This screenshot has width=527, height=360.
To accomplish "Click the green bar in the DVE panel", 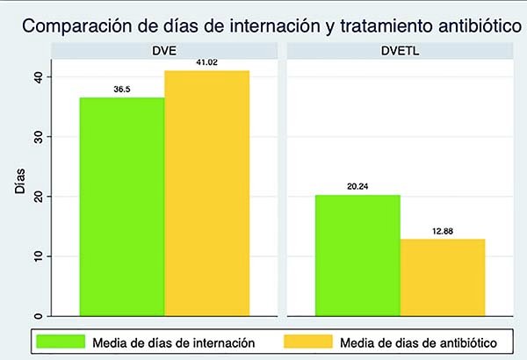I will click(x=121, y=206).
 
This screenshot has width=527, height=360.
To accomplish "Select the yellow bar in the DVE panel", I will click(x=206, y=193).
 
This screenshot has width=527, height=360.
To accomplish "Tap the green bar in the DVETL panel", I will click(x=357, y=255).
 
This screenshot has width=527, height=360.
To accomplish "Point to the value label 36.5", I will click(x=121, y=90).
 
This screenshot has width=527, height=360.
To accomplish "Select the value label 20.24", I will click(x=357, y=186).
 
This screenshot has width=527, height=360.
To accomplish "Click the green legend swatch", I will click(x=59, y=340).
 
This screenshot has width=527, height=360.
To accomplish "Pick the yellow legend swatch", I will click(x=307, y=340).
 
